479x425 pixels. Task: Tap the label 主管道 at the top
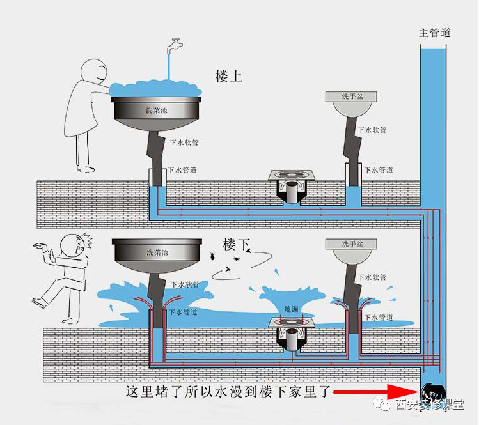[435, 33]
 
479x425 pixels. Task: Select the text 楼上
[229, 77]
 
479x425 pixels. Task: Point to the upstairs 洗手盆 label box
[351, 97]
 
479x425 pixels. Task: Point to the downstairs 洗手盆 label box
[351, 244]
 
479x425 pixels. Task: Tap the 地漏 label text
[291, 309]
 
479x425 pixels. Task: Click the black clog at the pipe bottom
[434, 393]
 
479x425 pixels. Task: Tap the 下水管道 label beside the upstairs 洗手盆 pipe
[378, 171]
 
